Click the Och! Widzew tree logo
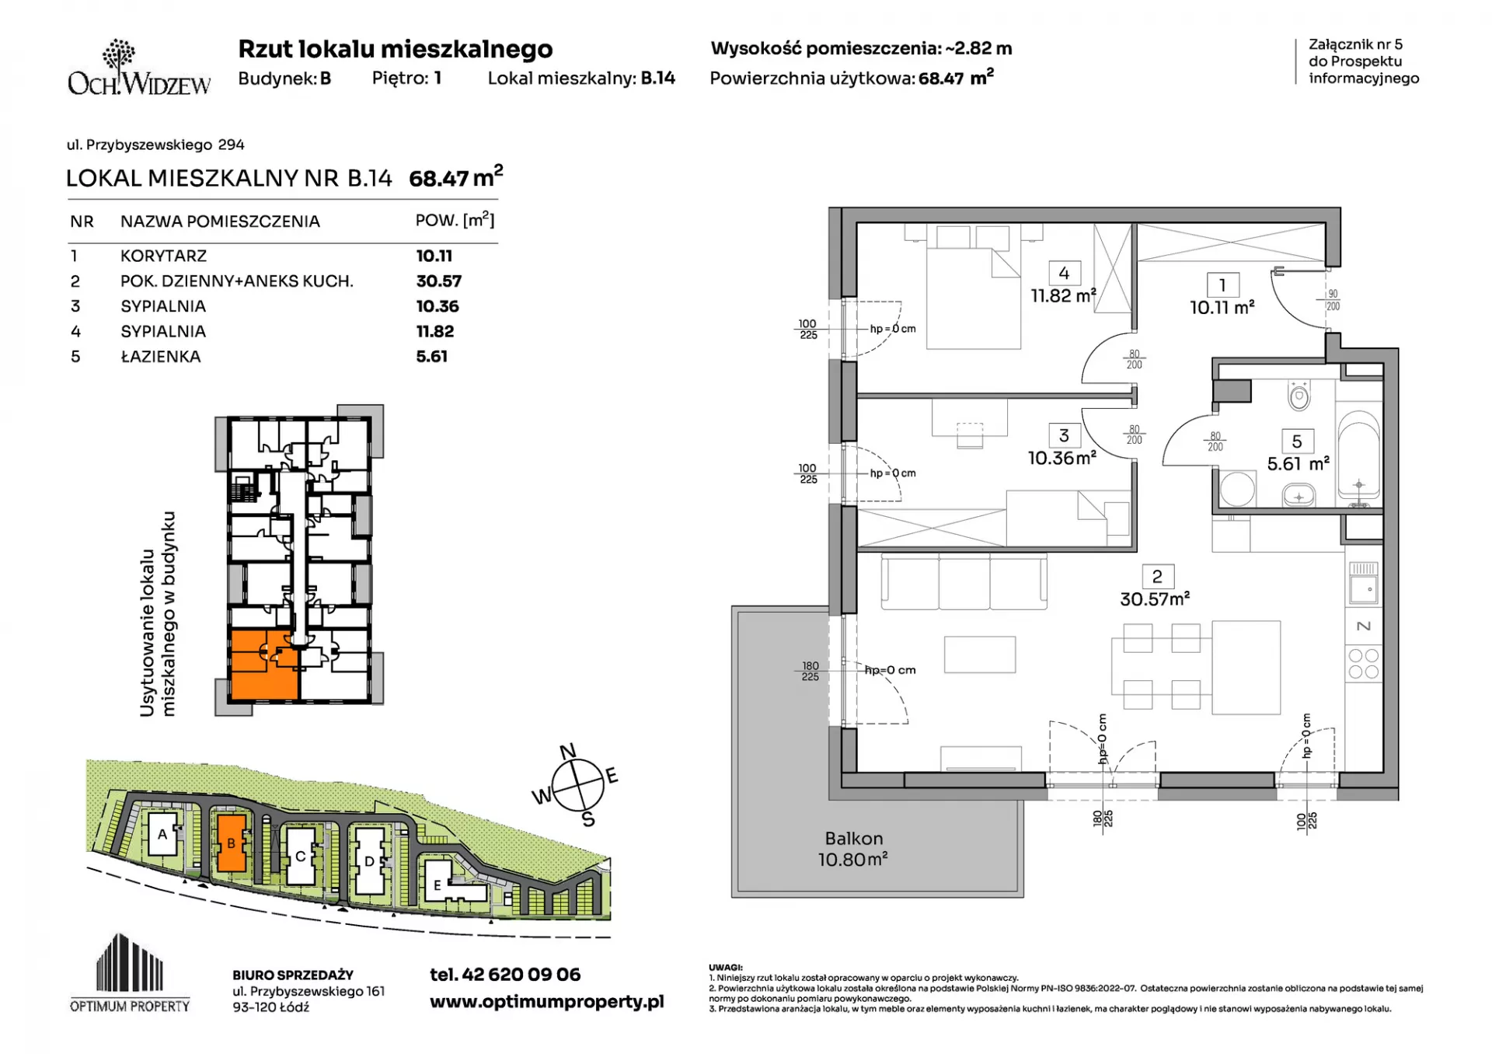pyautogui.click(x=118, y=56)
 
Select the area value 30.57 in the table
pyautogui.click(x=439, y=281)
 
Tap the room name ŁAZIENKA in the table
pyautogui.click(x=161, y=357)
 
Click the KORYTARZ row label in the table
pyautogui.click(x=163, y=256)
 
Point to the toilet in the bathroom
pyautogui.click(x=1299, y=396)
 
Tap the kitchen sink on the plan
pyautogui.click(x=1363, y=583)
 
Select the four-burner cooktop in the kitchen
pyautogui.click(x=1363, y=664)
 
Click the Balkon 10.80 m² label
pyautogui.click(x=853, y=849)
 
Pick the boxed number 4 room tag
pyautogui.click(x=1064, y=273)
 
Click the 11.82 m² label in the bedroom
pyautogui.click(x=1063, y=295)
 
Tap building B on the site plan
pyautogui.click(x=231, y=843)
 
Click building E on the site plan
pyautogui.click(x=437, y=885)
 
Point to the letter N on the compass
pyautogui.click(x=568, y=751)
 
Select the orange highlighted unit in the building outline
pyautogui.click(x=264, y=665)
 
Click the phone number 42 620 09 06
pyautogui.click(x=521, y=975)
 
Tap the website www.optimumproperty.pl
pyautogui.click(x=547, y=1002)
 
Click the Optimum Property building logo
pyautogui.click(x=130, y=972)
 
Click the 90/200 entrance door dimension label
pyautogui.click(x=1333, y=300)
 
